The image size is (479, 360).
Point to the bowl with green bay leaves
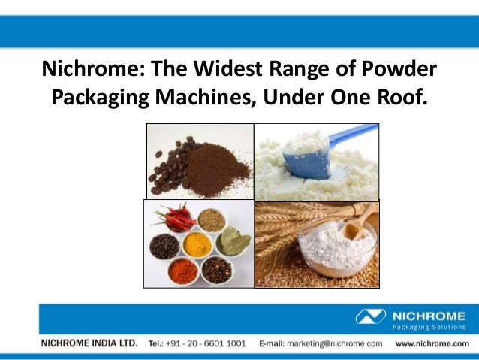tap(233, 241)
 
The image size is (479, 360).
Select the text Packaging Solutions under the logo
tap(429, 328)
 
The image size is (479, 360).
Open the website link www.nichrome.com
tap(432, 343)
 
